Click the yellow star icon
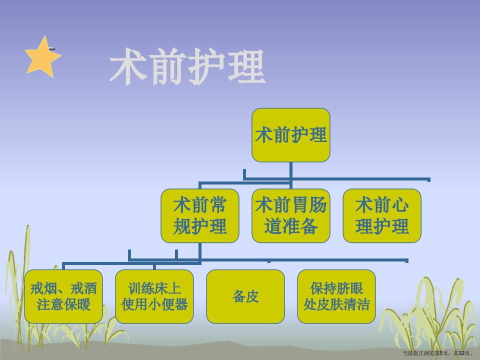coord(42,57)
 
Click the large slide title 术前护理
coord(187,66)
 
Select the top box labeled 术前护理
coord(291,135)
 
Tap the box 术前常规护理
coord(200,216)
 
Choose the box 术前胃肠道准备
coord(291,216)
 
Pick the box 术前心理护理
coord(382,216)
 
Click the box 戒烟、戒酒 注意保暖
coord(63,296)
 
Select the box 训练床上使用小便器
coord(154,296)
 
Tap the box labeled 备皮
coord(245,296)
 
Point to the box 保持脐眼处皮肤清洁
coord(336,296)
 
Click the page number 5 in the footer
coord(441,353)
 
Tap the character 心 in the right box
coord(400,205)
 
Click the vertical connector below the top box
coord(291,175)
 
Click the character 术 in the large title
coord(127,66)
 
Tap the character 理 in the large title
coord(246,66)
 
